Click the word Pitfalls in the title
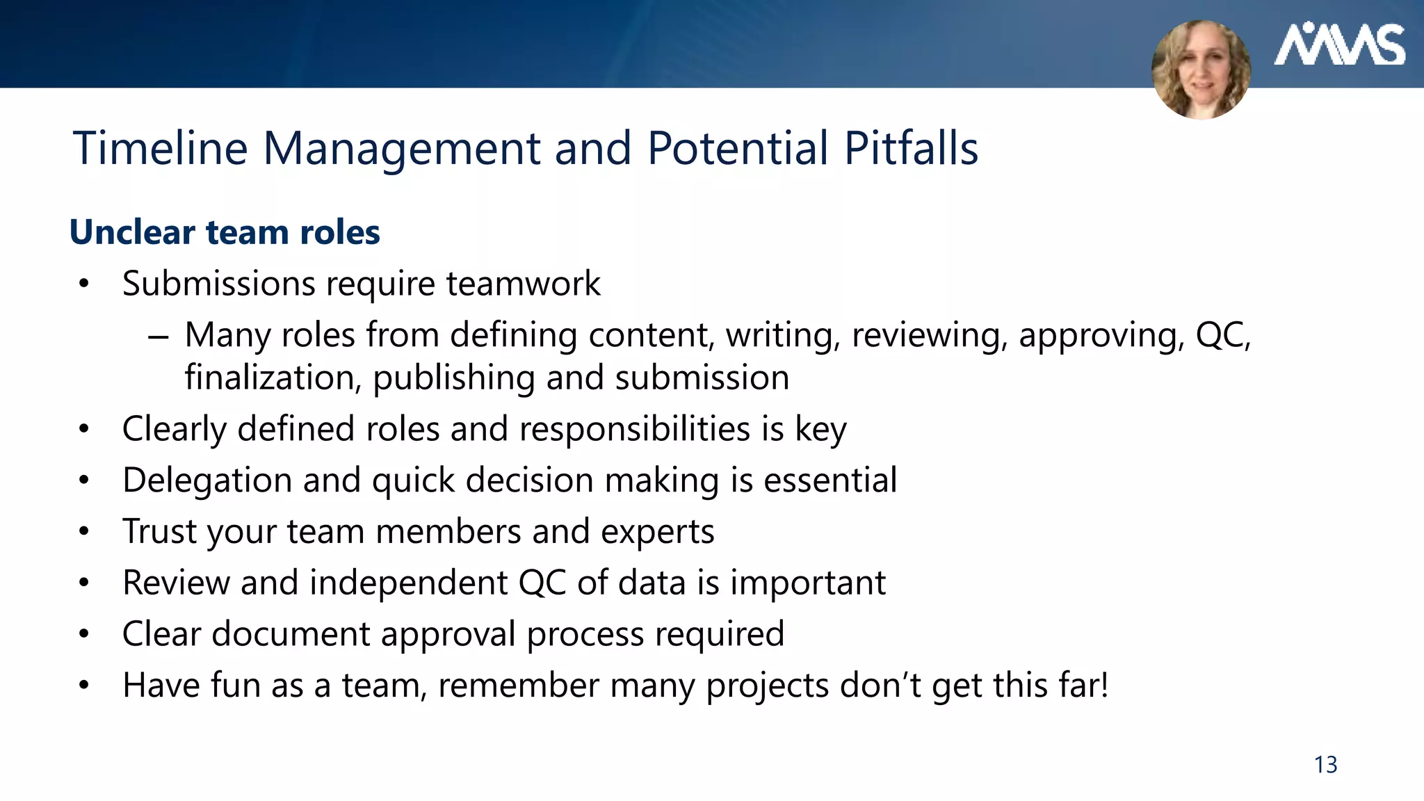click(x=911, y=148)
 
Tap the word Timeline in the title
click(x=161, y=148)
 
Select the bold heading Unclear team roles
click(x=225, y=232)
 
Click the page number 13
click(x=1325, y=765)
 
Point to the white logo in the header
click(x=1339, y=45)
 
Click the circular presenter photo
click(x=1201, y=70)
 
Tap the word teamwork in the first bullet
click(x=523, y=284)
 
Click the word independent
click(x=409, y=583)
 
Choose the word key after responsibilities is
click(x=820, y=429)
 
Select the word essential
click(x=830, y=480)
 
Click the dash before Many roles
click(x=159, y=337)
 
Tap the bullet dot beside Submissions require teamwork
click(x=84, y=284)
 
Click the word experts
click(x=657, y=532)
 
